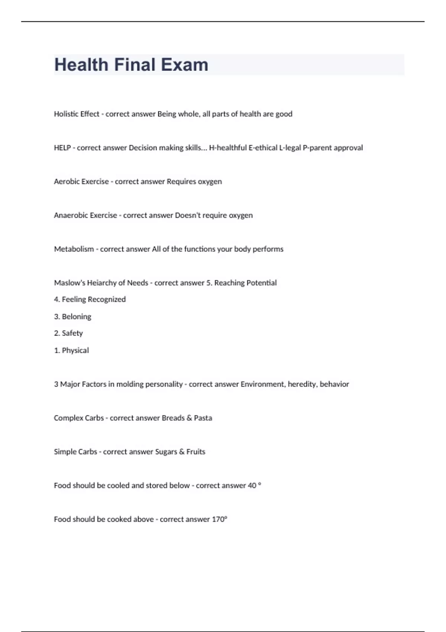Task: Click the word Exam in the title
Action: tap(184, 65)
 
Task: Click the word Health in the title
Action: tap(81, 65)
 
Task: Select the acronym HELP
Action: tap(62, 148)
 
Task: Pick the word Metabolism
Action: tap(74, 249)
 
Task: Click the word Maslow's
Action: tap(70, 283)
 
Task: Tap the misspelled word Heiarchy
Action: tap(102, 283)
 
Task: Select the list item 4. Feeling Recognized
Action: tap(90, 299)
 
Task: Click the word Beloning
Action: tap(77, 317)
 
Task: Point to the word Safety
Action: tap(72, 333)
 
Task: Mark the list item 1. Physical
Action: tap(71, 350)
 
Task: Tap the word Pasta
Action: tap(203, 418)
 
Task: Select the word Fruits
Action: tap(196, 452)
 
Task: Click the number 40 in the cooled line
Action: tap(252, 486)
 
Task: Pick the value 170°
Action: tap(219, 519)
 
